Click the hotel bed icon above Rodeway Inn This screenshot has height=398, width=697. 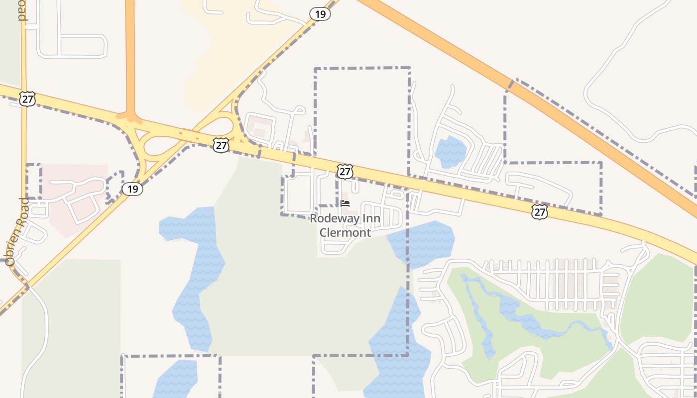(345, 203)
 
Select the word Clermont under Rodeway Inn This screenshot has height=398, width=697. (345, 232)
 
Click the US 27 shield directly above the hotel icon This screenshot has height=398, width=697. (345, 172)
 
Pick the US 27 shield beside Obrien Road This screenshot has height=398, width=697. (27, 99)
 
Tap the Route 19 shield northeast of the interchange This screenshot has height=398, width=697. (320, 14)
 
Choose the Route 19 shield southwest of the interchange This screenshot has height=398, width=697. (132, 189)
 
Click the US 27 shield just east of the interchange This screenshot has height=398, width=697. (221, 145)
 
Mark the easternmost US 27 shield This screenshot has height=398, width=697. (539, 212)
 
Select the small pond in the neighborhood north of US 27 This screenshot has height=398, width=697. (451, 151)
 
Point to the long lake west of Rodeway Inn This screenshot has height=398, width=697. (197, 279)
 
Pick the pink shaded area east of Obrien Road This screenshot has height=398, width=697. (75, 199)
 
